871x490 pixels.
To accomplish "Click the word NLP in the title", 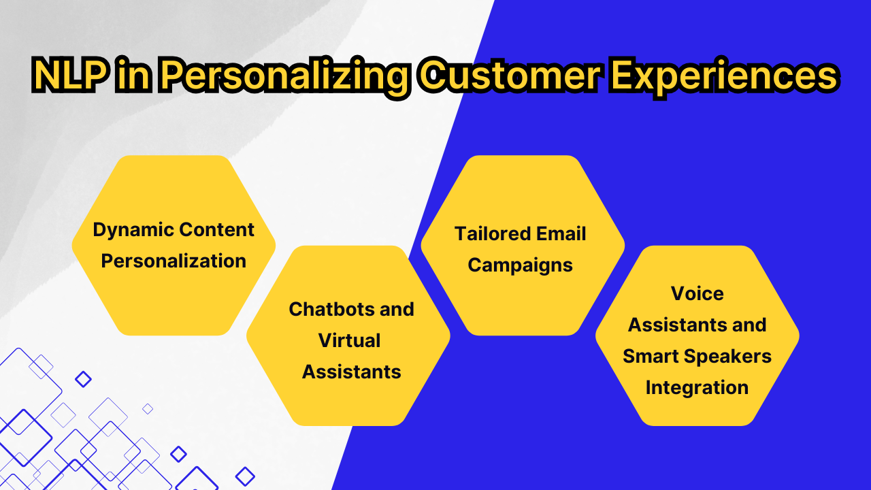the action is tap(70, 75).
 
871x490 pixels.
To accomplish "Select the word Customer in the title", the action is tap(510, 75).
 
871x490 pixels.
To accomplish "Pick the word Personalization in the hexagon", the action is tap(174, 261).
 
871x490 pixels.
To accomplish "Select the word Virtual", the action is tap(349, 341).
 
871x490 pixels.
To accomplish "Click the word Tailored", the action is tap(493, 233).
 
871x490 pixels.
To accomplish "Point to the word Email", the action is tap(561, 233).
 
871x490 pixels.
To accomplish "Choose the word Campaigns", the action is tap(521, 266).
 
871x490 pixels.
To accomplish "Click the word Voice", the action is tap(697, 293).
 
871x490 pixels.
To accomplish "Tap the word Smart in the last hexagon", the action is tap(650, 356).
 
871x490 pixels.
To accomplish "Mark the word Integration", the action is tap(697, 389).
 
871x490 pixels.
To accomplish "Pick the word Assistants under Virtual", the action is tap(352, 372).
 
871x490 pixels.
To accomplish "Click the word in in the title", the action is tap(134, 75).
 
